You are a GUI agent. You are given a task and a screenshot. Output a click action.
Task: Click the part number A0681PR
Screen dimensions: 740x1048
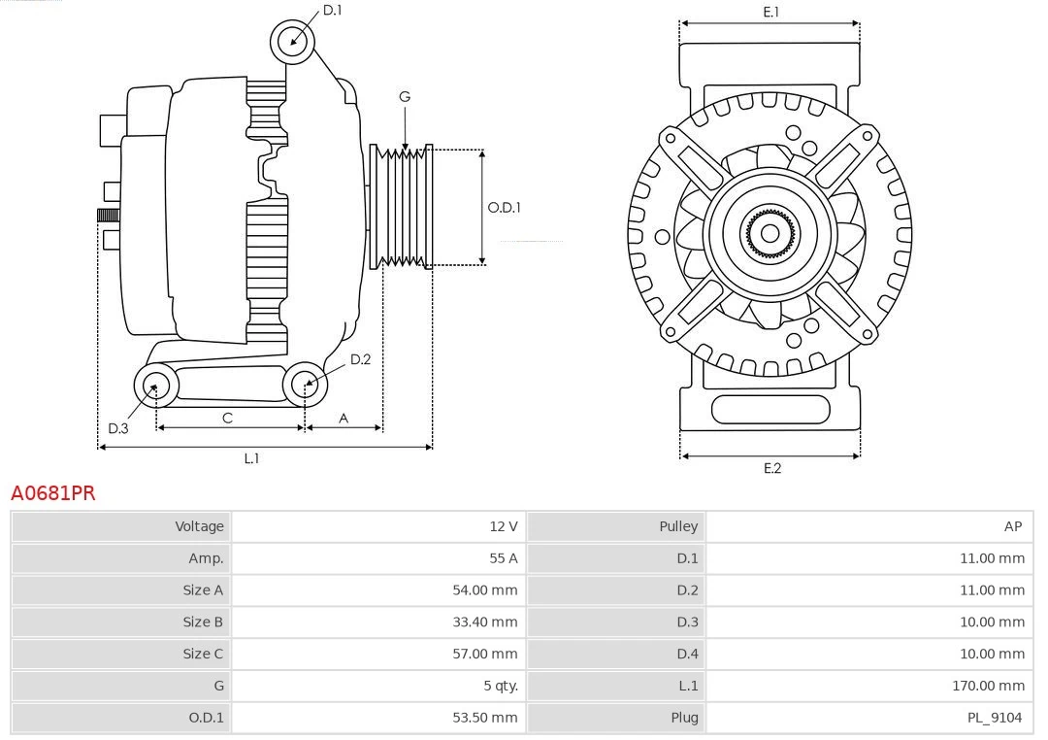[x=53, y=493]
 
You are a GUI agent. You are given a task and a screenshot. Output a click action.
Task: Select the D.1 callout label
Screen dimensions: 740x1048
[x=332, y=10]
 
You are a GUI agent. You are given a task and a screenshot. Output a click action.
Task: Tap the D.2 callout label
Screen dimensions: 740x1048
[x=360, y=359]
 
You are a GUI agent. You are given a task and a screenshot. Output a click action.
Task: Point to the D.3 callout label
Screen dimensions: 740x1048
[x=117, y=428]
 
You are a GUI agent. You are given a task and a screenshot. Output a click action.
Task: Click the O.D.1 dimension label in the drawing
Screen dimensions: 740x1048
[x=504, y=207]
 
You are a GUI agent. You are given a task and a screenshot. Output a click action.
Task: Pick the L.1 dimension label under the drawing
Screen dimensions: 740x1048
[x=251, y=458]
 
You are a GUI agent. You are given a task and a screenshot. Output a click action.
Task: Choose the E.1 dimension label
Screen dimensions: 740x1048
[x=770, y=12]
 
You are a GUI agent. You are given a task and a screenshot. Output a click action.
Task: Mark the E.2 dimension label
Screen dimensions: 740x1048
[x=771, y=468]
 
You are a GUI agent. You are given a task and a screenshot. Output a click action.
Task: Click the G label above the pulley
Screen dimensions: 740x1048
[x=405, y=96]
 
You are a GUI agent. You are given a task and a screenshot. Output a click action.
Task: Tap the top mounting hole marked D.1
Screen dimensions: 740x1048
[x=292, y=41]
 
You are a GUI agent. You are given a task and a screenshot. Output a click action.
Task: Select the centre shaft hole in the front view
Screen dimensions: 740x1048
[x=770, y=233]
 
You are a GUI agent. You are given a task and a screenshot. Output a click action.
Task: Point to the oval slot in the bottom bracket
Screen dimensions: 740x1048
[x=770, y=409]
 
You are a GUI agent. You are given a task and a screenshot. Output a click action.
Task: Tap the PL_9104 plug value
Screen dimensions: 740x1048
[x=994, y=718]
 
